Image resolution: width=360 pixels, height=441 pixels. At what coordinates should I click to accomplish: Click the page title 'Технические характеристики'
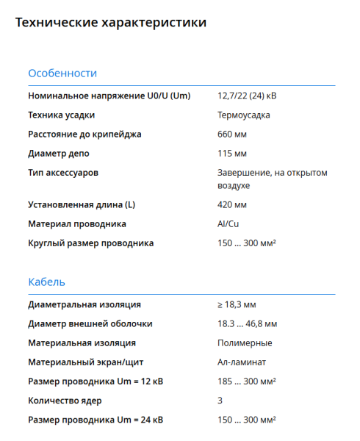tap(110, 23)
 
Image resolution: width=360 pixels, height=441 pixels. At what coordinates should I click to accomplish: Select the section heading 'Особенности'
tap(62, 73)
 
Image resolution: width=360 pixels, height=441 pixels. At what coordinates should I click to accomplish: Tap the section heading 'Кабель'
tap(46, 282)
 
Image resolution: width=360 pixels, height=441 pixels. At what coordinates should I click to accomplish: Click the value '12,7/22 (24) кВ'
tap(247, 96)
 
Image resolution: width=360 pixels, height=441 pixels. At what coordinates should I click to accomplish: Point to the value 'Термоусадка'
tap(244, 115)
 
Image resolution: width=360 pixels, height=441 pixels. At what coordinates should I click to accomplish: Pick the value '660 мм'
tap(232, 135)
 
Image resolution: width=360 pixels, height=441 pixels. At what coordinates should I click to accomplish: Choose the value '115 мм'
tap(232, 154)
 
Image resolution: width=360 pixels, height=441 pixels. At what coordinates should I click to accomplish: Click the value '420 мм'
tap(232, 204)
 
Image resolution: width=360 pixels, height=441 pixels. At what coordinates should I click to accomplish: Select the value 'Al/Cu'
tap(228, 223)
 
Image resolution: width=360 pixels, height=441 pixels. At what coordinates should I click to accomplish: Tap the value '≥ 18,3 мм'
tap(237, 304)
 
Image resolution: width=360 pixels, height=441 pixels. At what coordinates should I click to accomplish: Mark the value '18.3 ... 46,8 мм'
tap(247, 323)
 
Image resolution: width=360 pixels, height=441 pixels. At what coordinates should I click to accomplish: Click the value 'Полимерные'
tap(245, 343)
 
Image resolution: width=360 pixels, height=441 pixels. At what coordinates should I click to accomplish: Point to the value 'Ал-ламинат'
tap(242, 362)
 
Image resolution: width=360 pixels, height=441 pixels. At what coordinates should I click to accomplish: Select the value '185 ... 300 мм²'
tap(246, 381)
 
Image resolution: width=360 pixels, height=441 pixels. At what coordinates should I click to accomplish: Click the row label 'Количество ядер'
tap(65, 401)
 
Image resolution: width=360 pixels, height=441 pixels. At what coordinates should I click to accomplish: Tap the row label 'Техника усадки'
tap(61, 115)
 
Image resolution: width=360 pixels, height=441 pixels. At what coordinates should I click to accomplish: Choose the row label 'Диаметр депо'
tap(60, 154)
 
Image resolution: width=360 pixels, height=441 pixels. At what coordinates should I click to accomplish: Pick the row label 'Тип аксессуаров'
tap(63, 173)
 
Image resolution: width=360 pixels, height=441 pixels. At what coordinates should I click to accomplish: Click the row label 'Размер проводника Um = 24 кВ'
tap(96, 420)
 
